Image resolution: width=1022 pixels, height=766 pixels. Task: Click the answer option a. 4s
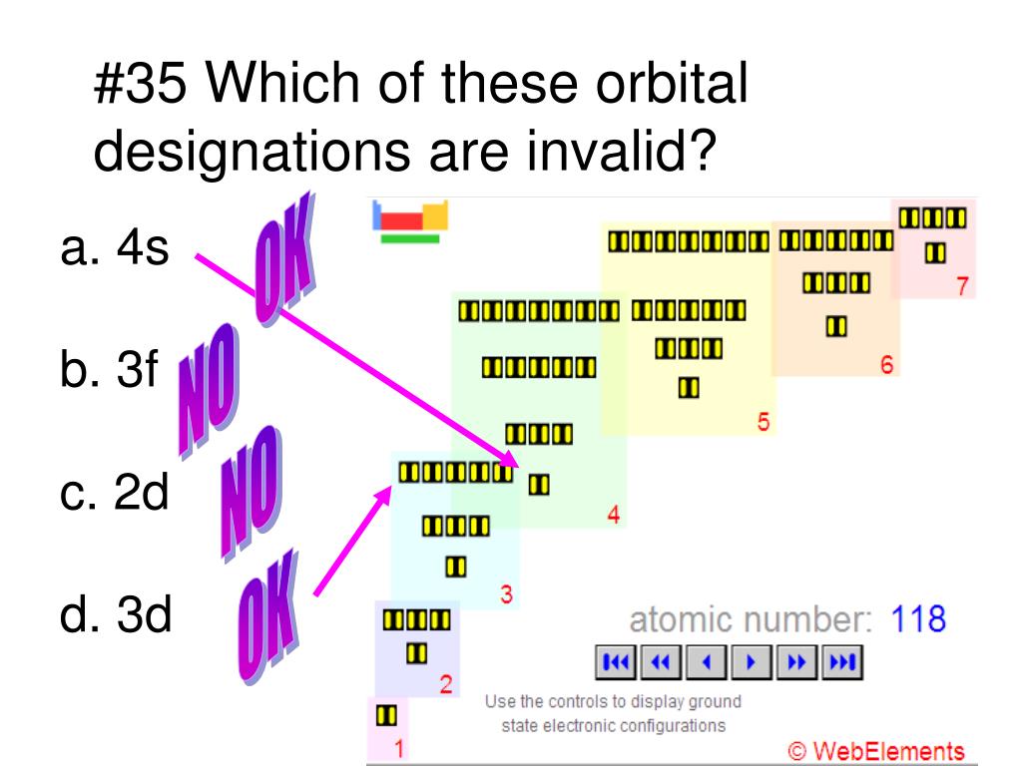(x=115, y=248)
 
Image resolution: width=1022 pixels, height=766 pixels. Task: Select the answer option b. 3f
(x=109, y=369)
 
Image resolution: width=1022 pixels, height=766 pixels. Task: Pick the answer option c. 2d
(x=115, y=492)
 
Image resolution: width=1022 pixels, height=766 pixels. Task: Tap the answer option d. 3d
(x=116, y=614)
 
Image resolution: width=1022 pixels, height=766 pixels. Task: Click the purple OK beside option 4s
(x=284, y=259)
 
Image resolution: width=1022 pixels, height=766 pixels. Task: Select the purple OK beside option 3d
(x=268, y=616)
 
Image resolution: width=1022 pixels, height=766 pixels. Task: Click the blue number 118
(x=918, y=618)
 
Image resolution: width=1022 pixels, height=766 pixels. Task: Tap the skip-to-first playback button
(x=616, y=662)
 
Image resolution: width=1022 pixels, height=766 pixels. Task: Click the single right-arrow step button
(x=752, y=662)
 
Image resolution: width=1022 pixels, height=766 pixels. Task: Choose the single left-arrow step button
(x=707, y=662)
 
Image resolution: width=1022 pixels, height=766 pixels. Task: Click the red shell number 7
(x=963, y=286)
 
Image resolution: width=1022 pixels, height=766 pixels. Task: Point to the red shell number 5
(x=764, y=422)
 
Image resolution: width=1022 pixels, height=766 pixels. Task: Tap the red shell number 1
(x=399, y=748)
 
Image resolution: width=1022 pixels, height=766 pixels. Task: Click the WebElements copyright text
(x=876, y=751)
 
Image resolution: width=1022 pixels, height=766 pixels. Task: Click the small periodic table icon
(x=410, y=221)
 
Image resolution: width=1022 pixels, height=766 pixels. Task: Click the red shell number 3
(x=506, y=594)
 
